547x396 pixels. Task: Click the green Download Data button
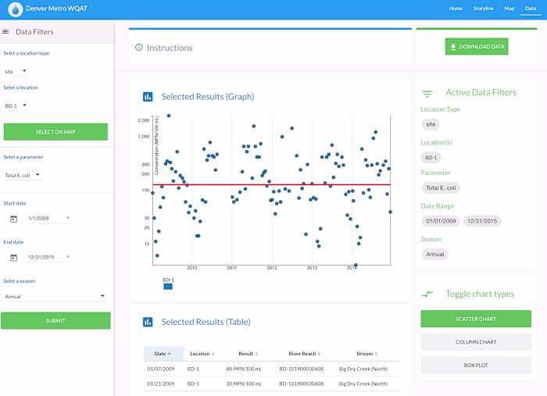point(477,47)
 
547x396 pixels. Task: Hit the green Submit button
point(55,320)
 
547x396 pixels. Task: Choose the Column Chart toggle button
point(476,342)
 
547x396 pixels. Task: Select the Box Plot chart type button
point(476,365)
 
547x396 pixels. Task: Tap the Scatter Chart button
point(476,319)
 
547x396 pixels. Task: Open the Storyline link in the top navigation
point(483,8)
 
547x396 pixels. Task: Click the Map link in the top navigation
point(509,8)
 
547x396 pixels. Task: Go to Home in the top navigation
point(456,8)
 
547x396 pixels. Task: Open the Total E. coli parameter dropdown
point(23,175)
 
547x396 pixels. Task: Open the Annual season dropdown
point(55,296)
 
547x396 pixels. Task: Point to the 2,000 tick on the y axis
point(143,120)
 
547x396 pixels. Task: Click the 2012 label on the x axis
point(272,268)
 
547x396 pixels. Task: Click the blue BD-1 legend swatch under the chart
point(168,287)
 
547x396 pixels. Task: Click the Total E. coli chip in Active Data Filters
point(442,187)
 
